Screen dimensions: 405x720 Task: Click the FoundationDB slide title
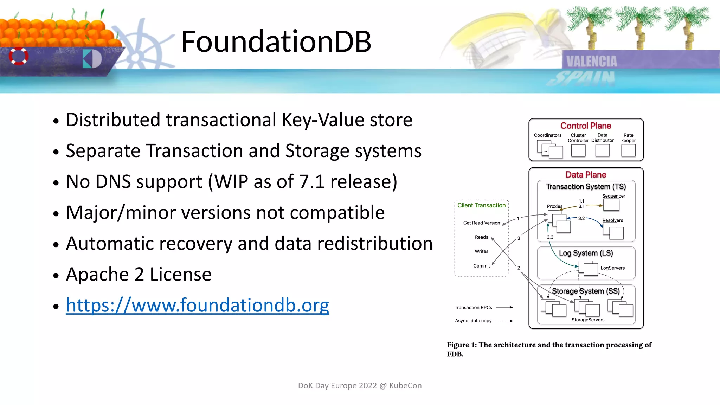point(276,41)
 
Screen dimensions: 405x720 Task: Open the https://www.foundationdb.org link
point(197,305)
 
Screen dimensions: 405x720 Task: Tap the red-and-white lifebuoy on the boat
point(19,56)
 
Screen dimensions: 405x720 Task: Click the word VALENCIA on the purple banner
point(591,62)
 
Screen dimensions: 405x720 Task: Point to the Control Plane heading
point(586,126)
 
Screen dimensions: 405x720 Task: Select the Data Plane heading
point(586,175)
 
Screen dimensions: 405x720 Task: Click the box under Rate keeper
point(628,150)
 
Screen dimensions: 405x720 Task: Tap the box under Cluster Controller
point(578,150)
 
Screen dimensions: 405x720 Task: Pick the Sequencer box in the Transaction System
point(611,205)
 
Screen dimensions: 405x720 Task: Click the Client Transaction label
point(481,205)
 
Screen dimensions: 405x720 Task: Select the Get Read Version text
point(481,223)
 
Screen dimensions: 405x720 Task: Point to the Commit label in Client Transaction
point(481,266)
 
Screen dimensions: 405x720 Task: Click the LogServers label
point(612,268)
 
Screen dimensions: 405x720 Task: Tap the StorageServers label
point(588,320)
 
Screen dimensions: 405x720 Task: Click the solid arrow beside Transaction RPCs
point(504,307)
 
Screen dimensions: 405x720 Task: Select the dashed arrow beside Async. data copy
point(504,321)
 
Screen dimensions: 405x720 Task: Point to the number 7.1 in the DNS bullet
point(311,182)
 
